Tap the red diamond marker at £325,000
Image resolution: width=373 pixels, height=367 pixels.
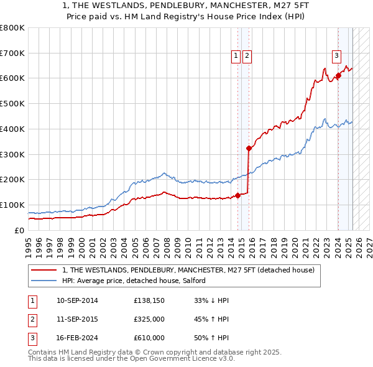click(249, 148)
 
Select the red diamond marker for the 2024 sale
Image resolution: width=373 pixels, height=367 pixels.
click(338, 76)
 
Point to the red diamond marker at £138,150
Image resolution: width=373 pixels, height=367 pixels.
click(238, 195)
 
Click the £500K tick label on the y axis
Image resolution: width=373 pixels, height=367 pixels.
click(12, 104)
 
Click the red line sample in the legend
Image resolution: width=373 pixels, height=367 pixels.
click(43, 270)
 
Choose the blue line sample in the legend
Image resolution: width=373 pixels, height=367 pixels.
click(43, 281)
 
